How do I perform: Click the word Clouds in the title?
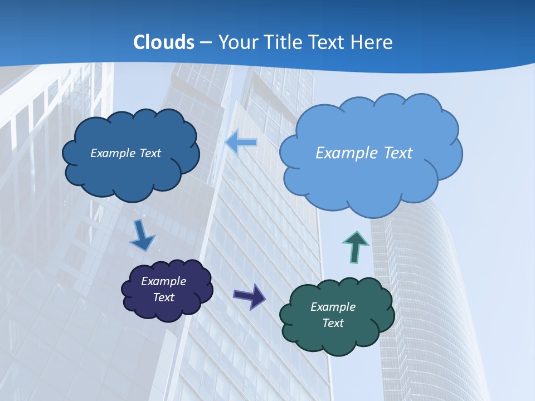pos(164,42)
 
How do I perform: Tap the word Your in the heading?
pos(235,42)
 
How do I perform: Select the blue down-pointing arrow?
pos(142,236)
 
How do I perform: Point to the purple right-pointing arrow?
pos(249,296)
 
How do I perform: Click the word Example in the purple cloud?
pos(163,281)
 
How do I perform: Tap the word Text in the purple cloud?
pos(163,297)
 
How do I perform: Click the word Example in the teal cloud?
pos(333,307)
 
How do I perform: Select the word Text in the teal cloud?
pos(333,323)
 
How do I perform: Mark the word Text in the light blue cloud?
pos(397,153)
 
